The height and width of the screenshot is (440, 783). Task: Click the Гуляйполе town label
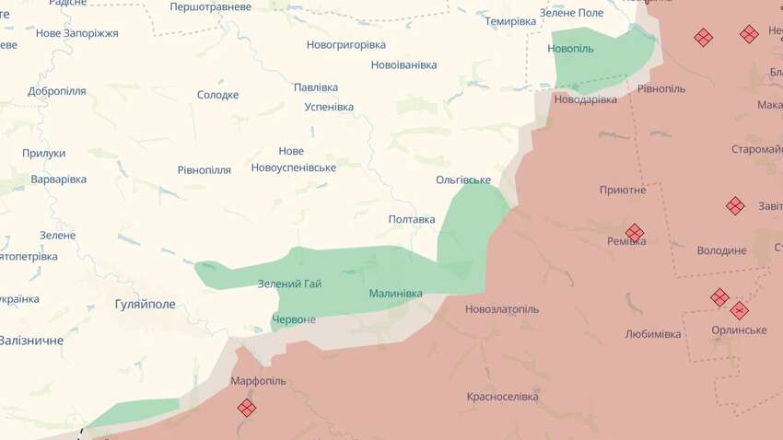[145, 304]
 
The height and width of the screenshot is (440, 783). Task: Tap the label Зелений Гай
[289, 284]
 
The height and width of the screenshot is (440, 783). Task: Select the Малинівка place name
[395, 294]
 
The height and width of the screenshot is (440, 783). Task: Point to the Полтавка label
[412, 219]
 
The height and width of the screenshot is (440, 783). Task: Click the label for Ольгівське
[463, 179]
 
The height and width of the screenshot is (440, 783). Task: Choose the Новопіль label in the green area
[570, 48]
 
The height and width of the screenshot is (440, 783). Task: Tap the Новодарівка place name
[585, 98]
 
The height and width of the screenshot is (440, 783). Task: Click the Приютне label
[623, 190]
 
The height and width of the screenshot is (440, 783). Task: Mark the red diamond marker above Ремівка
[634, 232]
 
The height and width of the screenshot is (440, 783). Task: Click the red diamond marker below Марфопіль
[247, 407]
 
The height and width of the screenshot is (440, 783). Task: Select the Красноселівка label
[502, 397]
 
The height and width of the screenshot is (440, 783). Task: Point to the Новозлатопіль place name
[502, 309]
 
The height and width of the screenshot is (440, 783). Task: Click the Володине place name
[721, 250]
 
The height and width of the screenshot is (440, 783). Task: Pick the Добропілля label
[57, 91]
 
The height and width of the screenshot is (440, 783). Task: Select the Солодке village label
[217, 95]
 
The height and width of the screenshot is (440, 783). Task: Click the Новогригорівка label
[346, 44]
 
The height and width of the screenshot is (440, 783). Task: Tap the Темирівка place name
[510, 21]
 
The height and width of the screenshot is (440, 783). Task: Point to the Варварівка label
[58, 179]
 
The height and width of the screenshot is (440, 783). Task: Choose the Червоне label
[294, 319]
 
